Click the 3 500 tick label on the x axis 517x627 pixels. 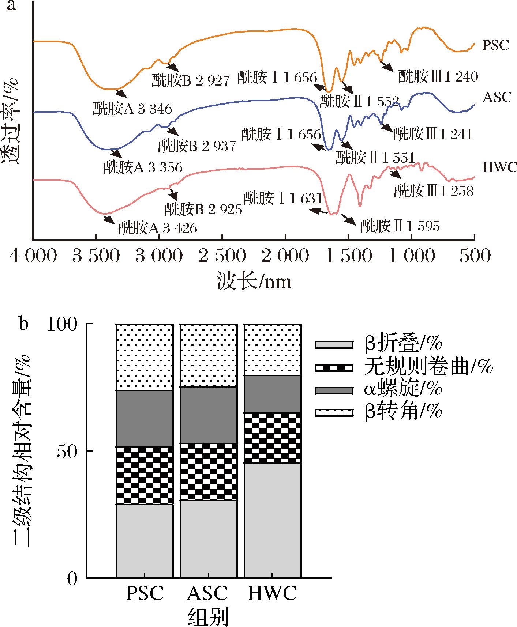click(96, 256)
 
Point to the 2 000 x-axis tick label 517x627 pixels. click(285, 256)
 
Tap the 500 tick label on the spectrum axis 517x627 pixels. click(475, 256)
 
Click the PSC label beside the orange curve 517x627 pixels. click(495, 45)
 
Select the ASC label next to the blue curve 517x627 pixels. click(497, 97)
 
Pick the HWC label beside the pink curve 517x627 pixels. click(497, 167)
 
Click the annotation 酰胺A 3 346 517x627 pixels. click(132, 109)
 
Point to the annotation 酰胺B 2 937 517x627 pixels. click(197, 146)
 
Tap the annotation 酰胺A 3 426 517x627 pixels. click(157, 228)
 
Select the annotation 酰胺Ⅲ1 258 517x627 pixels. click(434, 191)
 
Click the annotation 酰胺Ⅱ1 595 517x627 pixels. click(400, 226)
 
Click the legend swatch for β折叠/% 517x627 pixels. click(334, 344)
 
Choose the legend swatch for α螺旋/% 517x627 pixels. click(334, 390)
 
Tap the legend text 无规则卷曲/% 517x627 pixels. click(428, 367)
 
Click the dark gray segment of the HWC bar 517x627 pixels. click(273, 394)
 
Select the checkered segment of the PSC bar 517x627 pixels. click(145, 475)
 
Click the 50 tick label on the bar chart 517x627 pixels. click(68, 451)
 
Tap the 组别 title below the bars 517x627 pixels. click(208, 616)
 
